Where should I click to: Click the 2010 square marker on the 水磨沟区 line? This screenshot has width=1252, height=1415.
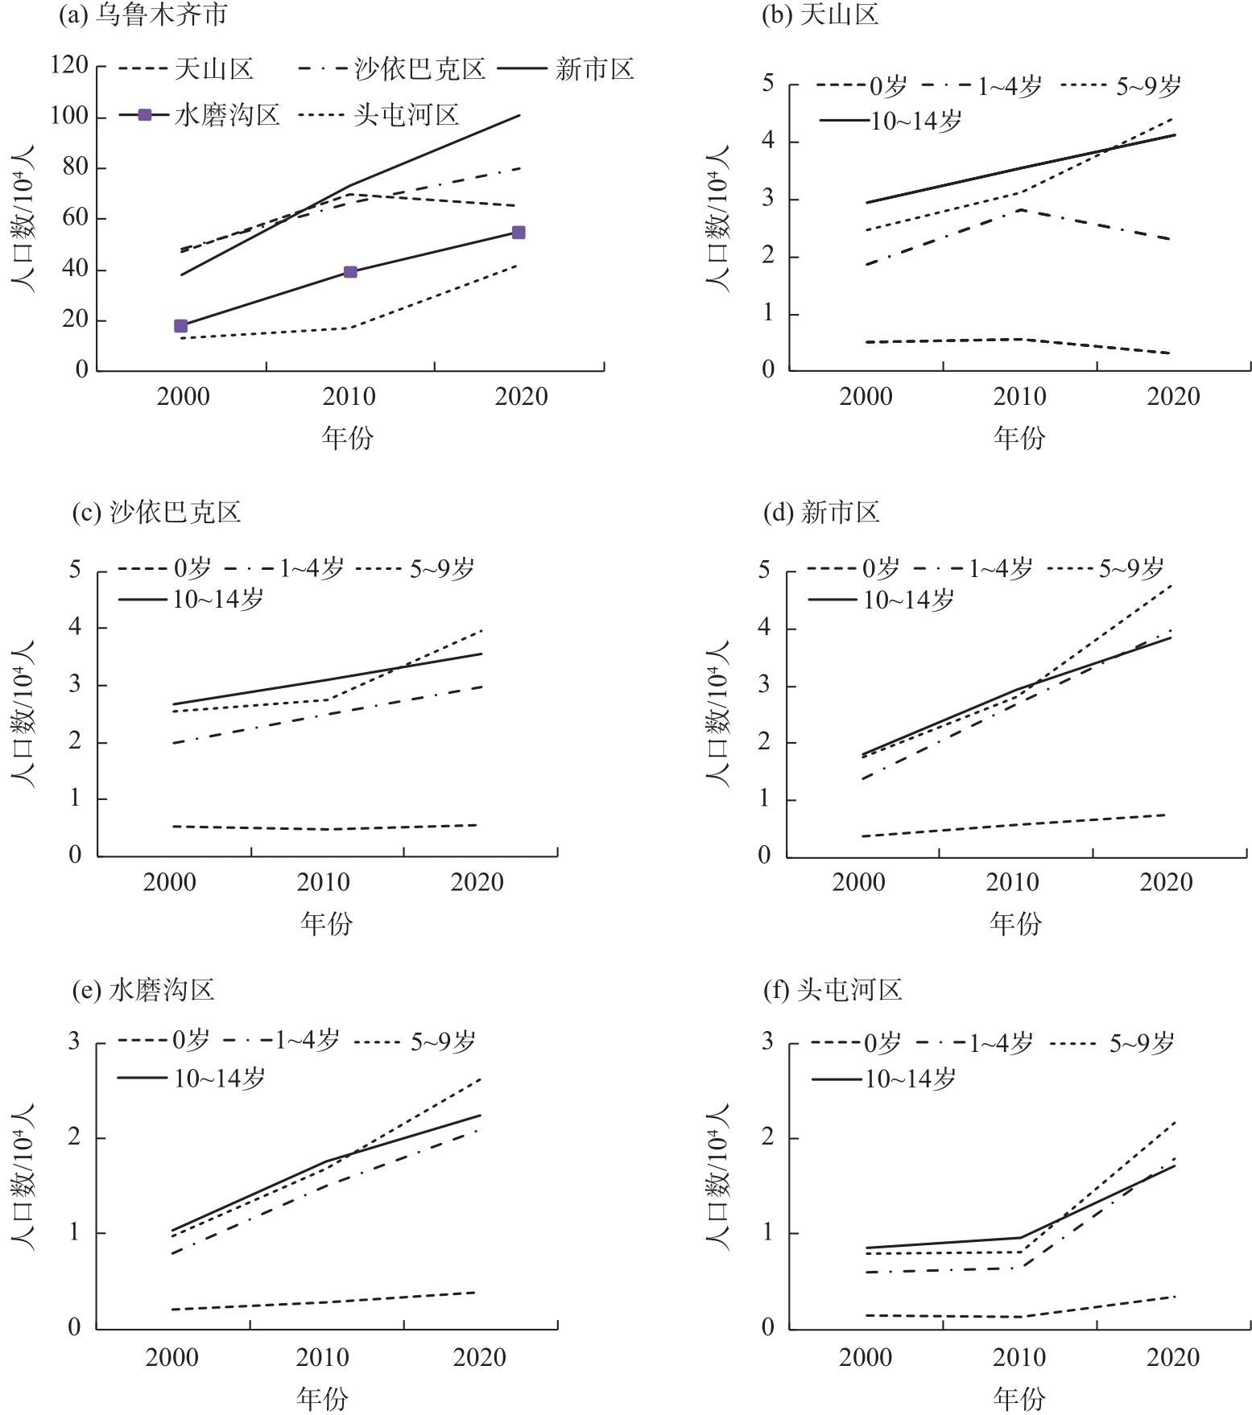click(350, 272)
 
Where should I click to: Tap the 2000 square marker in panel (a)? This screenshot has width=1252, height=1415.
click(180, 326)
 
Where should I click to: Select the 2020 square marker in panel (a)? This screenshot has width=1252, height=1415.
click(519, 233)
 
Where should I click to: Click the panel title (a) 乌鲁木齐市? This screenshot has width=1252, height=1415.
click(143, 15)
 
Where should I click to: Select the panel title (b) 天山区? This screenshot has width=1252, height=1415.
click(820, 15)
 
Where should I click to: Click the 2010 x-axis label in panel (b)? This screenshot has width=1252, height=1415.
click(1019, 397)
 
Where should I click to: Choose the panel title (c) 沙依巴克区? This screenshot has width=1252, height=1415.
click(157, 513)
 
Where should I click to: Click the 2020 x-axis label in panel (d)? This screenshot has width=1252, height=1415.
click(1167, 882)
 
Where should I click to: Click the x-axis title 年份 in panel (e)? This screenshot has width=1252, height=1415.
click(323, 1399)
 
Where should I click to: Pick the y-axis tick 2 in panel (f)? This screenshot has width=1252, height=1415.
click(767, 1137)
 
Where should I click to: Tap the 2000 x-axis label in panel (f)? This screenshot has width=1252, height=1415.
click(866, 1358)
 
